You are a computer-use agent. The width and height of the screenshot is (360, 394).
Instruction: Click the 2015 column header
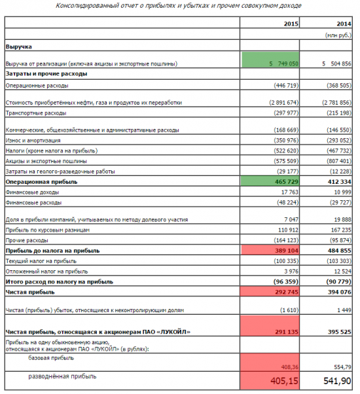[x=291, y=24]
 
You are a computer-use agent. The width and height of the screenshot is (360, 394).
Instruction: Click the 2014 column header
[x=344, y=24]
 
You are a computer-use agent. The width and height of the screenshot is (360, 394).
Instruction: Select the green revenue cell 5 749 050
[x=270, y=60]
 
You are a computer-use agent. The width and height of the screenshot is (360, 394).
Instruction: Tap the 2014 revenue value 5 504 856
[x=336, y=64]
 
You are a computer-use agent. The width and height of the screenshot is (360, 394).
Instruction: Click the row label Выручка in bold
[x=19, y=46]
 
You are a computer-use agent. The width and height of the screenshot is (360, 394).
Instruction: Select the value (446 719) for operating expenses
[x=286, y=86]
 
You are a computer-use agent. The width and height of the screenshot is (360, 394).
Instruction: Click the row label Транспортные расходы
[x=36, y=113]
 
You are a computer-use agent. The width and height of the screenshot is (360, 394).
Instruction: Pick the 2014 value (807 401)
[x=339, y=161]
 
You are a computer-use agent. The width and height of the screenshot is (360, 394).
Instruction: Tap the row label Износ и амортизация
[x=33, y=141]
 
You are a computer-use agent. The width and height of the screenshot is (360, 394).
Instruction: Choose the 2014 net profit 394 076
[x=340, y=292]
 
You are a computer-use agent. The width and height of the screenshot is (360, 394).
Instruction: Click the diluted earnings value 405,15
[x=284, y=381]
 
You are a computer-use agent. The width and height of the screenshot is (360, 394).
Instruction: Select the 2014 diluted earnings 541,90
[x=337, y=381]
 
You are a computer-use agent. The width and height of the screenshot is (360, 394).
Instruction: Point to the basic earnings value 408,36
[x=290, y=367]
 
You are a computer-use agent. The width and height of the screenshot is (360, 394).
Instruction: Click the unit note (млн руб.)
[x=338, y=35]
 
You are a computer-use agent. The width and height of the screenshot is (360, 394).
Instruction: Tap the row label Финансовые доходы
[x=33, y=192]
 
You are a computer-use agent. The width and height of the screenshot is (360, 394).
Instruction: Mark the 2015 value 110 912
[x=288, y=230]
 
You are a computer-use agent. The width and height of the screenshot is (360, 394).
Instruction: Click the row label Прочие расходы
[x=27, y=240]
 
